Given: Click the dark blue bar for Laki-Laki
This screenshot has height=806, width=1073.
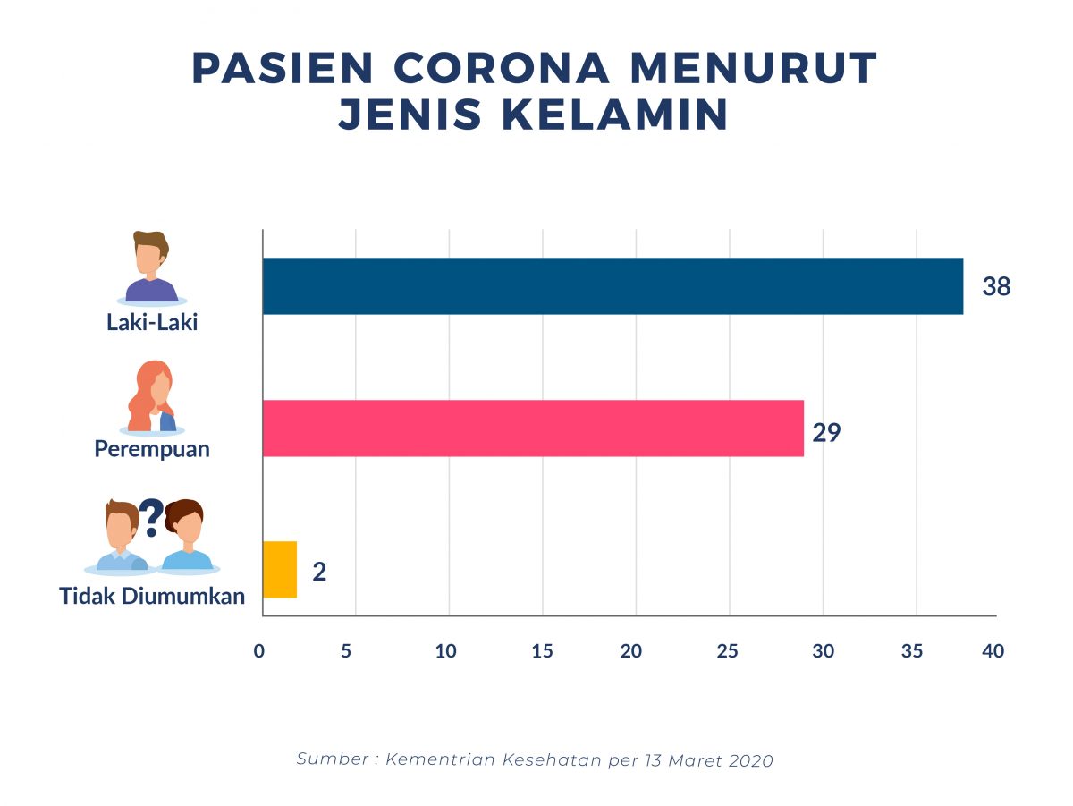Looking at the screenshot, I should coord(613,286).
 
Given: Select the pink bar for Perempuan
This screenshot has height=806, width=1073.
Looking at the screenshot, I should coord(533,428).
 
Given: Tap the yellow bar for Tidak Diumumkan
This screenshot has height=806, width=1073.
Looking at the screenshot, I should coord(280,570).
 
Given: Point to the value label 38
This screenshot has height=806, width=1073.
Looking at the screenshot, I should coord(996,287).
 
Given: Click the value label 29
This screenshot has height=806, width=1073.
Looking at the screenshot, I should coord(827,433).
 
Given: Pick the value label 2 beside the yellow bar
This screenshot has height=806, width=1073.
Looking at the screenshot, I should coord(319,572).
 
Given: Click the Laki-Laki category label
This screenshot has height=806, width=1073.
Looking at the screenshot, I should coord(152,322).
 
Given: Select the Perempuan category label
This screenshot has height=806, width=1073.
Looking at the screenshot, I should coord(152,448).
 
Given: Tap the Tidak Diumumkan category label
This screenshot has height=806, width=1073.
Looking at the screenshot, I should coord(152,595).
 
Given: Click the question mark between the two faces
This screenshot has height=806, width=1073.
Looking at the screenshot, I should coord(151,516).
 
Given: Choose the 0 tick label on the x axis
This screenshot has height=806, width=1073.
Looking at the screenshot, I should coord(259,651).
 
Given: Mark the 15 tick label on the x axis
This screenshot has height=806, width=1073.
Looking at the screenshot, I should coord(542,651).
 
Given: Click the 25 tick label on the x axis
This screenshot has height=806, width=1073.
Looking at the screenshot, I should coord(728,651).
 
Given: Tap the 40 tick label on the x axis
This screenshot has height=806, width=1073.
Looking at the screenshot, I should coord(993,651).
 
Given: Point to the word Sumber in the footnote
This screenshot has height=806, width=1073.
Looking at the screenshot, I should coord(331,759).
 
